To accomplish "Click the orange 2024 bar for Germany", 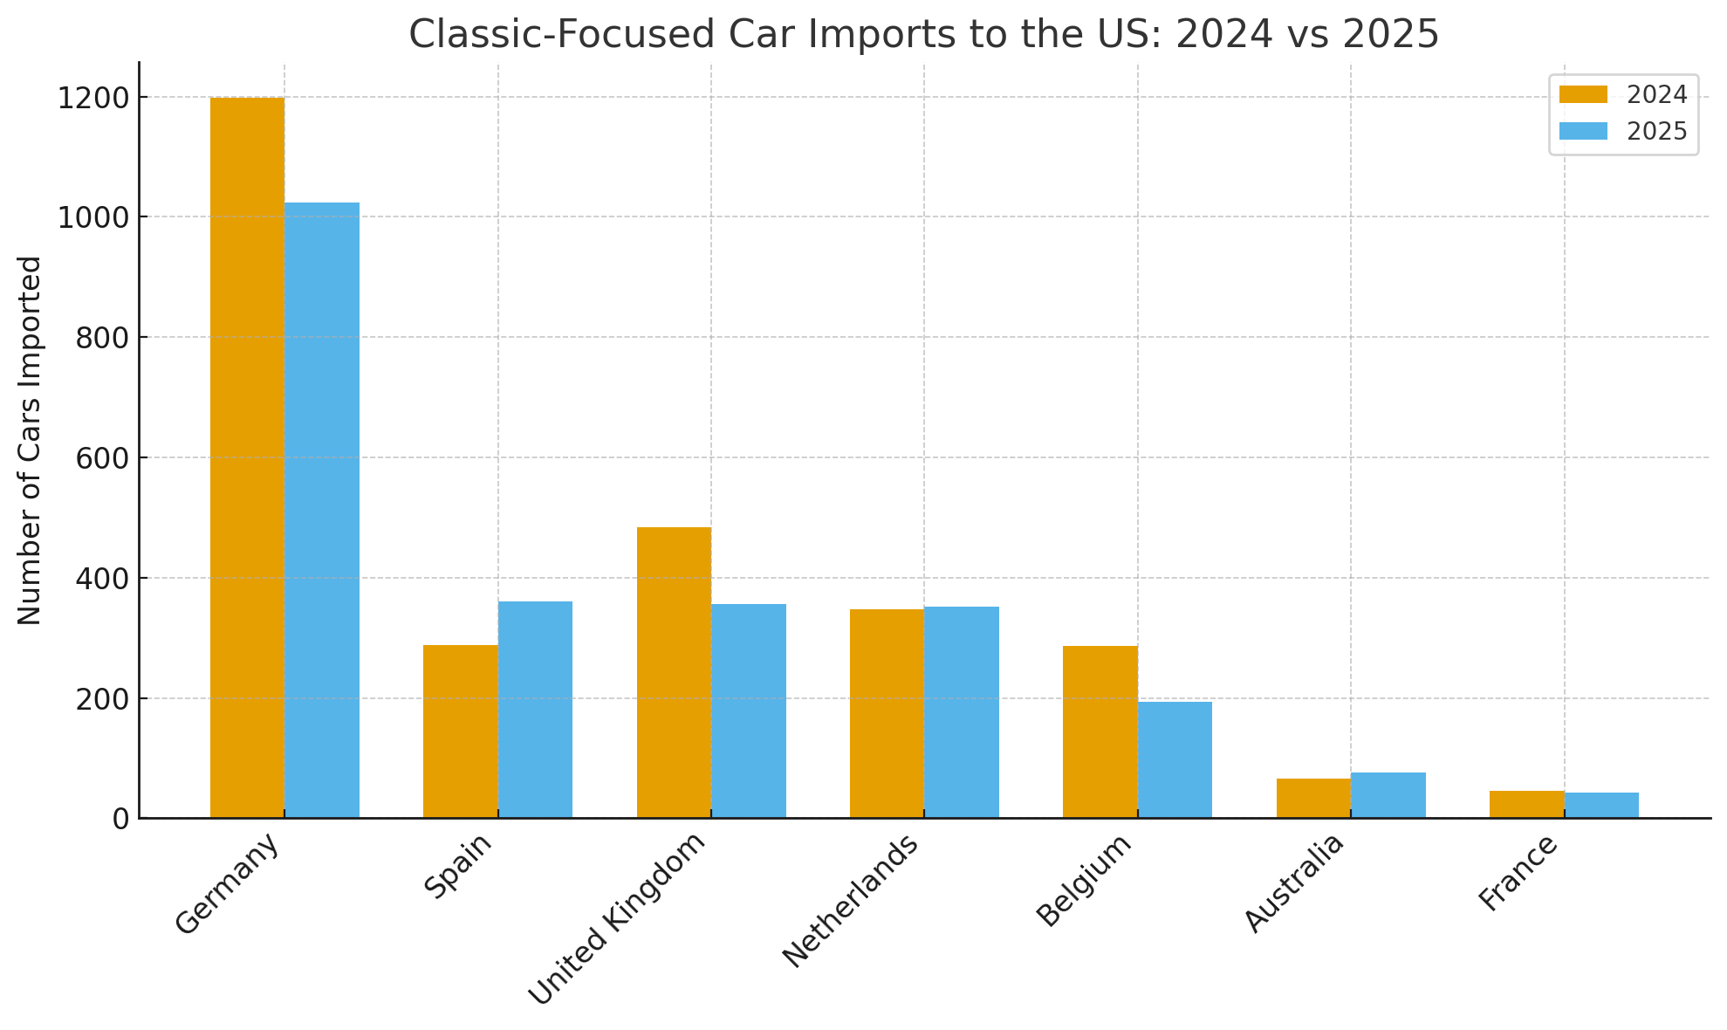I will (x=247, y=457).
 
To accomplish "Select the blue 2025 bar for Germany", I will (x=322, y=511).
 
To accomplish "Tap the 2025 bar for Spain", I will (x=535, y=710).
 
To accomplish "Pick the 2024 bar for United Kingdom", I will (x=674, y=672).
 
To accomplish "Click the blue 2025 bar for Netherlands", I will (x=962, y=712).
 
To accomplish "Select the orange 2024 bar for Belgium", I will (x=1100, y=731).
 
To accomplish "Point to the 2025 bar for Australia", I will (x=1388, y=795).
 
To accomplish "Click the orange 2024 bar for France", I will (x=1526, y=804).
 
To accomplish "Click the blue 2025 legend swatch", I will (x=1582, y=131).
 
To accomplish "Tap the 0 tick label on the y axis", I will (x=120, y=819).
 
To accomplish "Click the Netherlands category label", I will (x=851, y=900).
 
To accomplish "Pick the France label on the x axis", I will (x=1518, y=873).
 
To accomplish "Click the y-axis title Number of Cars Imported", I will (x=30, y=440).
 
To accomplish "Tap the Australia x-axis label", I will (x=1293, y=882).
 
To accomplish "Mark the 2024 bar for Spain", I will (x=460, y=731).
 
